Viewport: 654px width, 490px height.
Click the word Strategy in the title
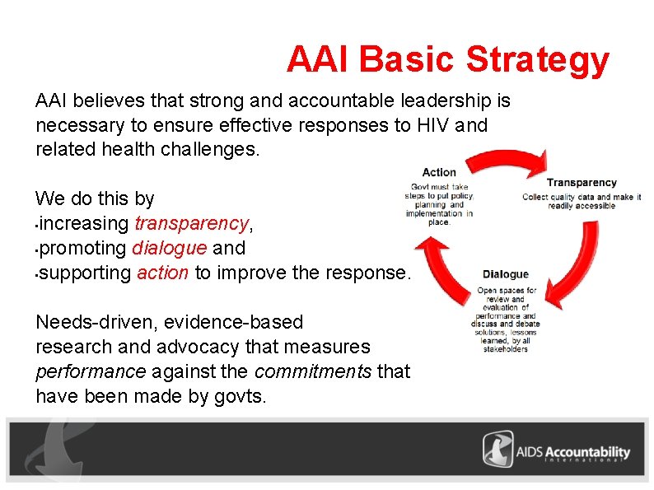click(537, 60)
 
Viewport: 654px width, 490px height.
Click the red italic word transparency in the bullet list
click(191, 223)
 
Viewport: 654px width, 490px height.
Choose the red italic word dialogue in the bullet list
click(170, 248)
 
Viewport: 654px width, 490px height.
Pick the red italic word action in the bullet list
click(163, 273)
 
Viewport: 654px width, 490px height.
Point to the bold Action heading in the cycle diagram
click(439, 172)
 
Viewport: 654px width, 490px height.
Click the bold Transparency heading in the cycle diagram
click(582, 183)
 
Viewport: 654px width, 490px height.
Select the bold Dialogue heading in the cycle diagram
click(506, 274)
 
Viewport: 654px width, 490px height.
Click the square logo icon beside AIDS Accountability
click(498, 450)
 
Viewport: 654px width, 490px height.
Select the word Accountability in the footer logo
click(586, 451)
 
